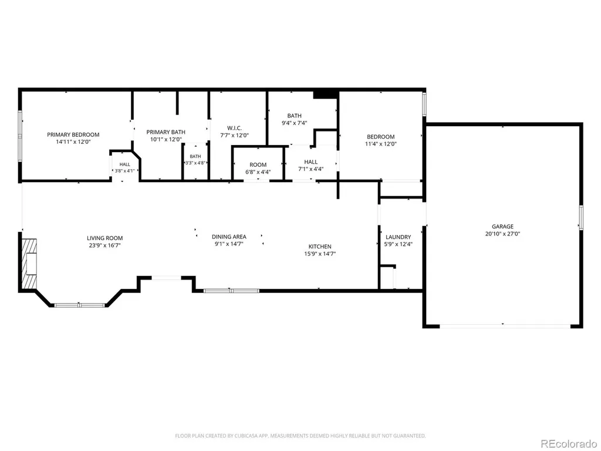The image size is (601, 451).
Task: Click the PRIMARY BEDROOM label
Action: pos(73,134)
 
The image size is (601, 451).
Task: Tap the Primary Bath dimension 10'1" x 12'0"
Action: pos(166,140)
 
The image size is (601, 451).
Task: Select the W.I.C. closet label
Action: pos(234,128)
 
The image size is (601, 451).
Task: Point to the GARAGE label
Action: pos(502,227)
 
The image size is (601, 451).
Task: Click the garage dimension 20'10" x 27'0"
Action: pos(502,234)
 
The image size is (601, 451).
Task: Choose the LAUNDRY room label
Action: pos(399,237)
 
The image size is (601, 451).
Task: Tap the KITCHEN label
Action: pos(320,247)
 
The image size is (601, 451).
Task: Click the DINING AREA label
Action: pos(229,237)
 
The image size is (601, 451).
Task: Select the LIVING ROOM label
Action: pos(104,238)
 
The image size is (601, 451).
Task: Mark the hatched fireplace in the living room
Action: pos(29,263)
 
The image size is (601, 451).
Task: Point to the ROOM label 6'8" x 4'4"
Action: pos(258,165)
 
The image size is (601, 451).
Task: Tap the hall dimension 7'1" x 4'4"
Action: pos(311,169)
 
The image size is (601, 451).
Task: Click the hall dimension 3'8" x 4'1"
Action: pos(124,171)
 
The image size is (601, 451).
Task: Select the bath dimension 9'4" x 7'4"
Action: pos(295,123)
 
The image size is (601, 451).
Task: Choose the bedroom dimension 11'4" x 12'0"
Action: pos(380,144)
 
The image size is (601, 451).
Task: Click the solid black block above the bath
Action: pos(325,95)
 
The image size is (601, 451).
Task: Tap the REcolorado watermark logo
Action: pos(568,444)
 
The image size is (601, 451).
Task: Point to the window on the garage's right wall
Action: pos(581,217)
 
